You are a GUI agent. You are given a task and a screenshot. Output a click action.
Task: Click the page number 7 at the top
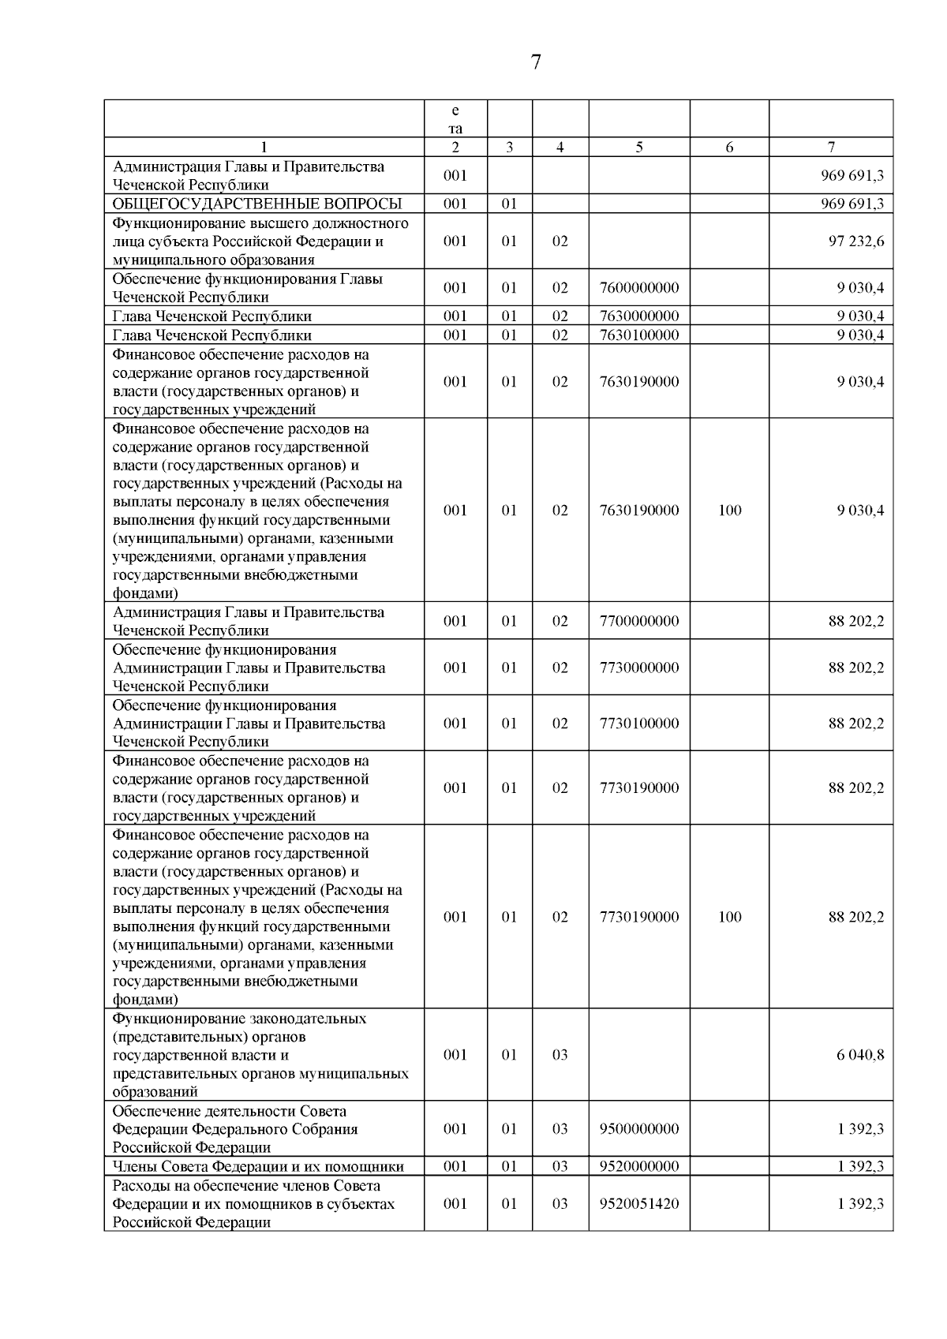point(536,62)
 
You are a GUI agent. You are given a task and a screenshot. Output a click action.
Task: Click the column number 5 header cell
point(638,148)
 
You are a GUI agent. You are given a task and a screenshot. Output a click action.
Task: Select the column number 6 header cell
point(729,148)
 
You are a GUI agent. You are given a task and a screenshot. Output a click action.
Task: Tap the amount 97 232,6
point(856,241)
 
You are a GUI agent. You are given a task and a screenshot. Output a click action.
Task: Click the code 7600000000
point(639,288)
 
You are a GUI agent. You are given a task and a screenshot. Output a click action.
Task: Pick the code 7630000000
point(639,316)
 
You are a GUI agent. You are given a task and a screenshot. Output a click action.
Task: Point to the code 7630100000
point(639,335)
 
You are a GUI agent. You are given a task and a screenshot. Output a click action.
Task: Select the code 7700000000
point(639,622)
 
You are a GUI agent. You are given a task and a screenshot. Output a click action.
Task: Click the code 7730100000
point(639,724)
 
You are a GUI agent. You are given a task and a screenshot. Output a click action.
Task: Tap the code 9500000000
point(639,1129)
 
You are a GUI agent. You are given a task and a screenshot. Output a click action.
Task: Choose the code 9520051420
point(639,1204)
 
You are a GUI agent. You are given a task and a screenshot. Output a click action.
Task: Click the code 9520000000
point(639,1167)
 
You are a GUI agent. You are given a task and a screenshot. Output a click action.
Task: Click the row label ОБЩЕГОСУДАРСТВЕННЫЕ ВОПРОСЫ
point(257,204)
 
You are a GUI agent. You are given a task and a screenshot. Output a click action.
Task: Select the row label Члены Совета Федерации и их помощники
point(258,1167)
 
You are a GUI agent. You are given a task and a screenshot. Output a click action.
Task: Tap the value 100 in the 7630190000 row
point(730,511)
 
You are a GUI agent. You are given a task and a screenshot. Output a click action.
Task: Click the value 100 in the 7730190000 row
point(730,917)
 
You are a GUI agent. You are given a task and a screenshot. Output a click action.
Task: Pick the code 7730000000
point(639,668)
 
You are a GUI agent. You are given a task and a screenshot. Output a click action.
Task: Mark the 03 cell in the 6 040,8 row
point(560,1055)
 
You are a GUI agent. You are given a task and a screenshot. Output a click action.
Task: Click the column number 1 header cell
point(264,148)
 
